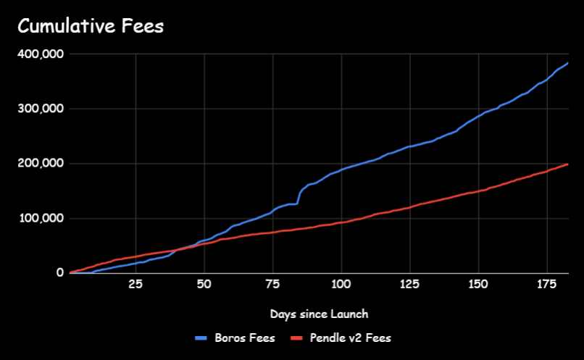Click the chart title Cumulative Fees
point(91,27)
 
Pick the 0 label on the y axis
point(60,273)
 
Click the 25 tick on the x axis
point(135,285)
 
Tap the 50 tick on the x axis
point(204,285)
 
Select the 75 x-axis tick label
point(272,285)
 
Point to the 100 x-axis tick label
point(341,285)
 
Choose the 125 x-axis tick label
point(410,285)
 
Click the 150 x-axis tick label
point(478,285)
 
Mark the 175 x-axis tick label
point(547,285)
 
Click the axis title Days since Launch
point(319,314)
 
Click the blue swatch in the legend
point(202,338)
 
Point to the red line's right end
point(567,164)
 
